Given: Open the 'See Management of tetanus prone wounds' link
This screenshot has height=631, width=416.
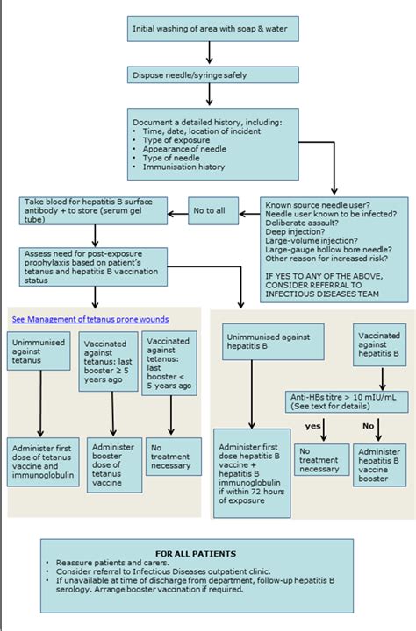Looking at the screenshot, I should pos(90,319).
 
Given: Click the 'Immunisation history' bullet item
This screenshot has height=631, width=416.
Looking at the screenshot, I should pos(183,166).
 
